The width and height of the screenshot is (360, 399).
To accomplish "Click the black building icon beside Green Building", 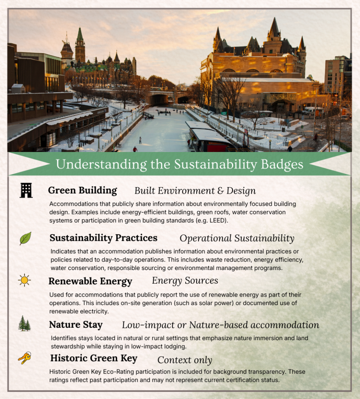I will pos(26,191).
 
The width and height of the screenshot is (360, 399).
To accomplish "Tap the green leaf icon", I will pos(25,238).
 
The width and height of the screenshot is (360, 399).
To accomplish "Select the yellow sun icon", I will pos(25,280).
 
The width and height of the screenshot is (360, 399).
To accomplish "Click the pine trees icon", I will pos(24,324).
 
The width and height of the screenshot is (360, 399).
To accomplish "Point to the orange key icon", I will pos(25,358).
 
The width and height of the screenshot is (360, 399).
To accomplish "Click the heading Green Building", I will pos(83,191).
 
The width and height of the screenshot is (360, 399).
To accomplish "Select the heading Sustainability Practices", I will pos(104,238).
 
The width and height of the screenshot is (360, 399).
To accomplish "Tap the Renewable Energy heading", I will pos(90,281).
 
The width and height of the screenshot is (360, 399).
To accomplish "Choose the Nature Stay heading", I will pos(76,325).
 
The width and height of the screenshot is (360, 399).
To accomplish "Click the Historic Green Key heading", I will pos(94,358).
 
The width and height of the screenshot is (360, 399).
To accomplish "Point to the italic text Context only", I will pos(184,360).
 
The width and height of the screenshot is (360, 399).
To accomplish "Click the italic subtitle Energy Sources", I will pos(185,281).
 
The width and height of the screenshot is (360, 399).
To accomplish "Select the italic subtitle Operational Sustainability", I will pos(237,238).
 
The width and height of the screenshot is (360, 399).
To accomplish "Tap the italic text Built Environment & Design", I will pos(195,191).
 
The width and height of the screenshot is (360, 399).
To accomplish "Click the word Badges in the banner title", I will pos(280,164).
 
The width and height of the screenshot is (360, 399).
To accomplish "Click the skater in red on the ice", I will pos(135,149).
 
